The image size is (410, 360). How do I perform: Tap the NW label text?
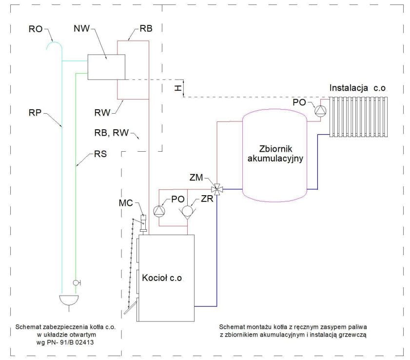tap(81, 29)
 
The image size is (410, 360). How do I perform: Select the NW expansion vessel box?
tap(106, 67)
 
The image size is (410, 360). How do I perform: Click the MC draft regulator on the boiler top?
tap(143, 222)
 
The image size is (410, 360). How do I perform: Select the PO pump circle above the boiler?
tap(159, 211)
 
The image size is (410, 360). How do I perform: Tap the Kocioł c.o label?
tap(161, 278)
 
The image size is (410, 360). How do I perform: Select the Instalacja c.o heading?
tap(361, 88)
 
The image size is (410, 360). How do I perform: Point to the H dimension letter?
tap(178, 87)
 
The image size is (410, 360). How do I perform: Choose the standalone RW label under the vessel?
tap(104, 114)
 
